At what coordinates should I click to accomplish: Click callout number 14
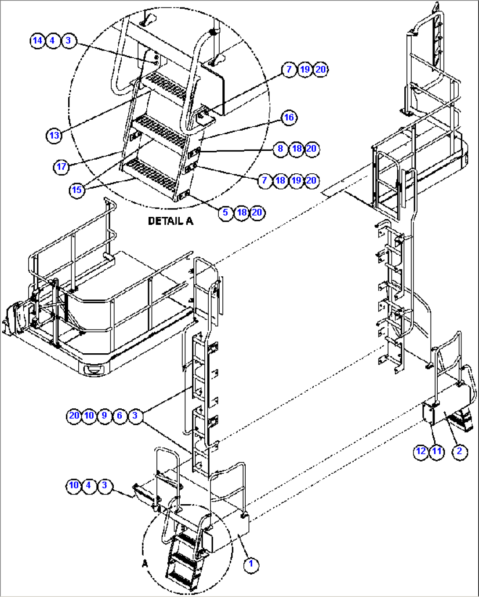[37, 40]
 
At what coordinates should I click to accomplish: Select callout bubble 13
[54, 135]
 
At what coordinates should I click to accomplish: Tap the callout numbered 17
[62, 167]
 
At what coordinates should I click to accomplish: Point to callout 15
[77, 190]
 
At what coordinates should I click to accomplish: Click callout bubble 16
[289, 117]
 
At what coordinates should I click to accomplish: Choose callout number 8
[280, 149]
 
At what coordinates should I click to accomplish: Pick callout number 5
[225, 213]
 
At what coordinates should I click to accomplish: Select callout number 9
[104, 416]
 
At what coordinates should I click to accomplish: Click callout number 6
[120, 416]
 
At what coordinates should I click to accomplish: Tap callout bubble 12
[421, 451]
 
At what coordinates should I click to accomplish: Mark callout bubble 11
[437, 451]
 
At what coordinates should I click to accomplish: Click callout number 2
[460, 451]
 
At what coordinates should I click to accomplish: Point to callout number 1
[251, 564]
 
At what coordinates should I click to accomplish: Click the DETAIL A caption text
[171, 221]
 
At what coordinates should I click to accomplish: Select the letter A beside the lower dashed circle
[145, 564]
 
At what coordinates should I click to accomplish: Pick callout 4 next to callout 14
[52, 40]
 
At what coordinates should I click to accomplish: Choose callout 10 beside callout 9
[89, 416]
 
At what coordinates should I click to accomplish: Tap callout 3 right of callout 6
[135, 416]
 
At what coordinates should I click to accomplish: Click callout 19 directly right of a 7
[305, 70]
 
